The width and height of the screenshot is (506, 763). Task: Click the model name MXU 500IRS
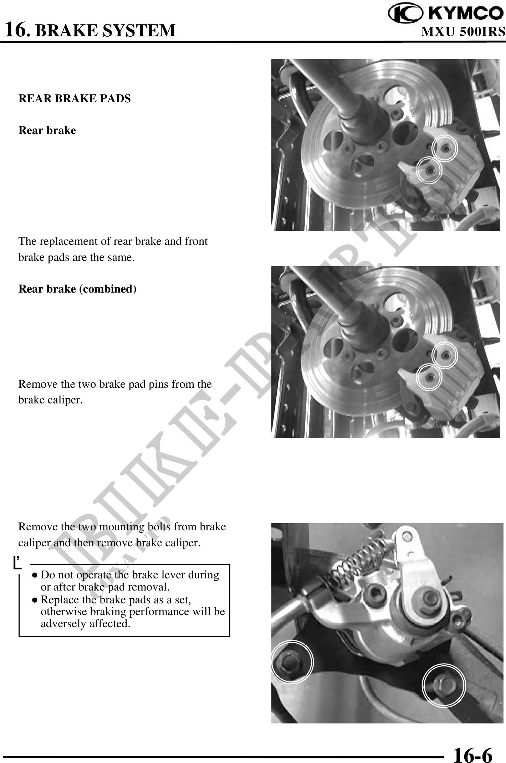coord(463,32)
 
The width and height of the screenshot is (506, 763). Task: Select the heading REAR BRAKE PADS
coord(75,98)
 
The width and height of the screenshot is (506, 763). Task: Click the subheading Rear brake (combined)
coord(77,289)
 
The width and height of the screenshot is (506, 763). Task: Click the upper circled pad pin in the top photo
coord(445,148)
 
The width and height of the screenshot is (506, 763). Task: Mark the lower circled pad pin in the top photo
coord(430,171)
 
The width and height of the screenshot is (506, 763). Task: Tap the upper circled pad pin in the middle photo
coord(445,355)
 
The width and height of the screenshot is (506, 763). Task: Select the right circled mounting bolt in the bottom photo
coord(444,685)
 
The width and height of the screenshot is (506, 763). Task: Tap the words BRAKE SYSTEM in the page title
coord(106,31)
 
